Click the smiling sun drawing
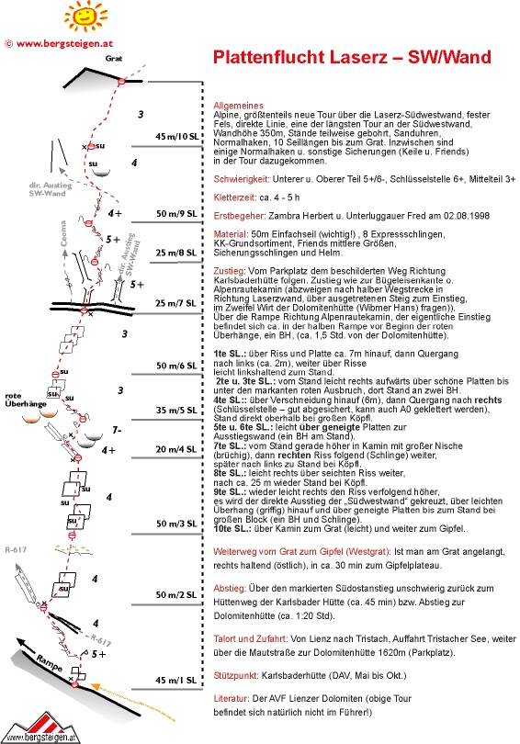[85, 17]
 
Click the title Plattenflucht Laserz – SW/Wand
[352, 57]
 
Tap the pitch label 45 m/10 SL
[176, 137]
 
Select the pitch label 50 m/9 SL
[176, 214]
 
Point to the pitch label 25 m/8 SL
[176, 253]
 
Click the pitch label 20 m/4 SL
[176, 449]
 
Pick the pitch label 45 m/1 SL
[176, 681]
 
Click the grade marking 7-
[117, 431]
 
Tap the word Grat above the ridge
[114, 59]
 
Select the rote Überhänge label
[26, 400]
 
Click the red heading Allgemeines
[238, 106]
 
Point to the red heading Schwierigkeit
[242, 179]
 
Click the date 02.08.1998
[467, 216]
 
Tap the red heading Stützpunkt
[236, 676]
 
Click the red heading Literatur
[232, 698]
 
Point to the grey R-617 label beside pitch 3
[16, 550]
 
